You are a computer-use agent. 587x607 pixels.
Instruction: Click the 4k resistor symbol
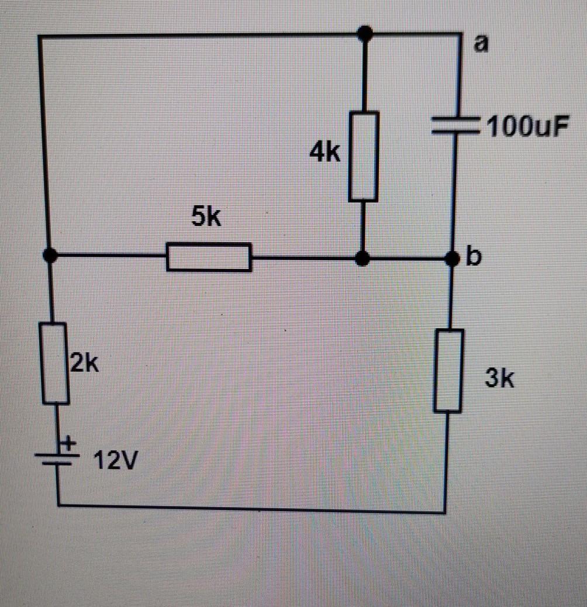click(363, 157)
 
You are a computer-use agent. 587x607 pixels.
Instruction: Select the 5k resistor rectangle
click(209, 257)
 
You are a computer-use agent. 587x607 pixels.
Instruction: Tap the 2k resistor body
click(56, 363)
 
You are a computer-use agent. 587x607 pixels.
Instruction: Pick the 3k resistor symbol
click(448, 370)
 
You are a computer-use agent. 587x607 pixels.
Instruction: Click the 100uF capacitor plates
click(455, 126)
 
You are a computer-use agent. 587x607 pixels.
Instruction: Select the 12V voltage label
click(115, 463)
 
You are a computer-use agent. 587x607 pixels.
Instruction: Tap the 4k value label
click(325, 153)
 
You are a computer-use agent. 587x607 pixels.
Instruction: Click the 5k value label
click(206, 218)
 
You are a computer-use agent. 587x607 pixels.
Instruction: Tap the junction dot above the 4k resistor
click(365, 34)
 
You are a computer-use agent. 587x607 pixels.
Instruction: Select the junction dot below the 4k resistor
click(363, 258)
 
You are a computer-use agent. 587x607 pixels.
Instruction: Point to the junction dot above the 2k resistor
click(50, 255)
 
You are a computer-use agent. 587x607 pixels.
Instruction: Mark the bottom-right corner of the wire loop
click(445, 512)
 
